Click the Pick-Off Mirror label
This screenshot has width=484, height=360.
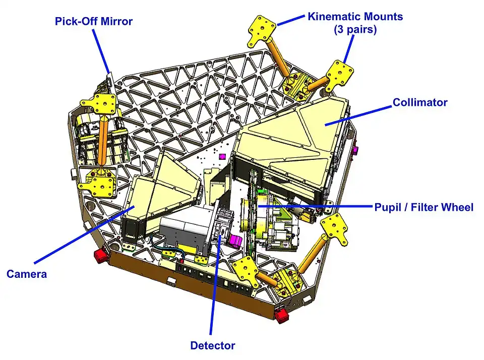point(94,22)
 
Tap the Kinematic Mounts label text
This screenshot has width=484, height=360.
point(355,17)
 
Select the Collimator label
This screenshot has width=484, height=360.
point(420,102)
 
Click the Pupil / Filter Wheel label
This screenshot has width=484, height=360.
point(423,207)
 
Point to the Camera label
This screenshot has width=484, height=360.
point(27,274)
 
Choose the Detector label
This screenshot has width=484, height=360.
point(212,345)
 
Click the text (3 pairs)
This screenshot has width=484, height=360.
point(355,29)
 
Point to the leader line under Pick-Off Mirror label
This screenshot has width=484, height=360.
point(102,50)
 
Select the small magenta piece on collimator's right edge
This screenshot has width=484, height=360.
point(356,150)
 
